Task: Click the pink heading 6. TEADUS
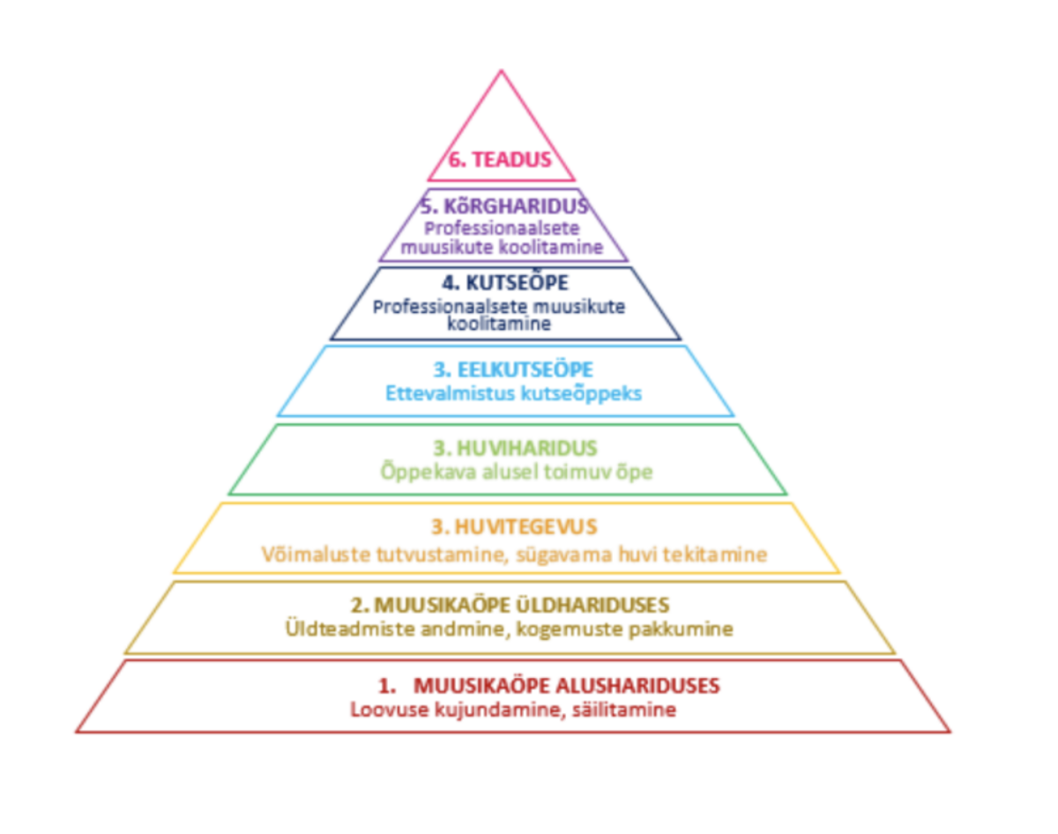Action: click(x=500, y=160)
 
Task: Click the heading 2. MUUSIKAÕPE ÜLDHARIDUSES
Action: click(x=510, y=606)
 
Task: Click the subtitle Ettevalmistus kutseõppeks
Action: click(x=513, y=393)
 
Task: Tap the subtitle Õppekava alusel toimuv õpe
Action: click(x=517, y=472)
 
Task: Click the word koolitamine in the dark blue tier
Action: click(x=505, y=324)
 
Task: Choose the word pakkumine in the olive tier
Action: click(x=685, y=629)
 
